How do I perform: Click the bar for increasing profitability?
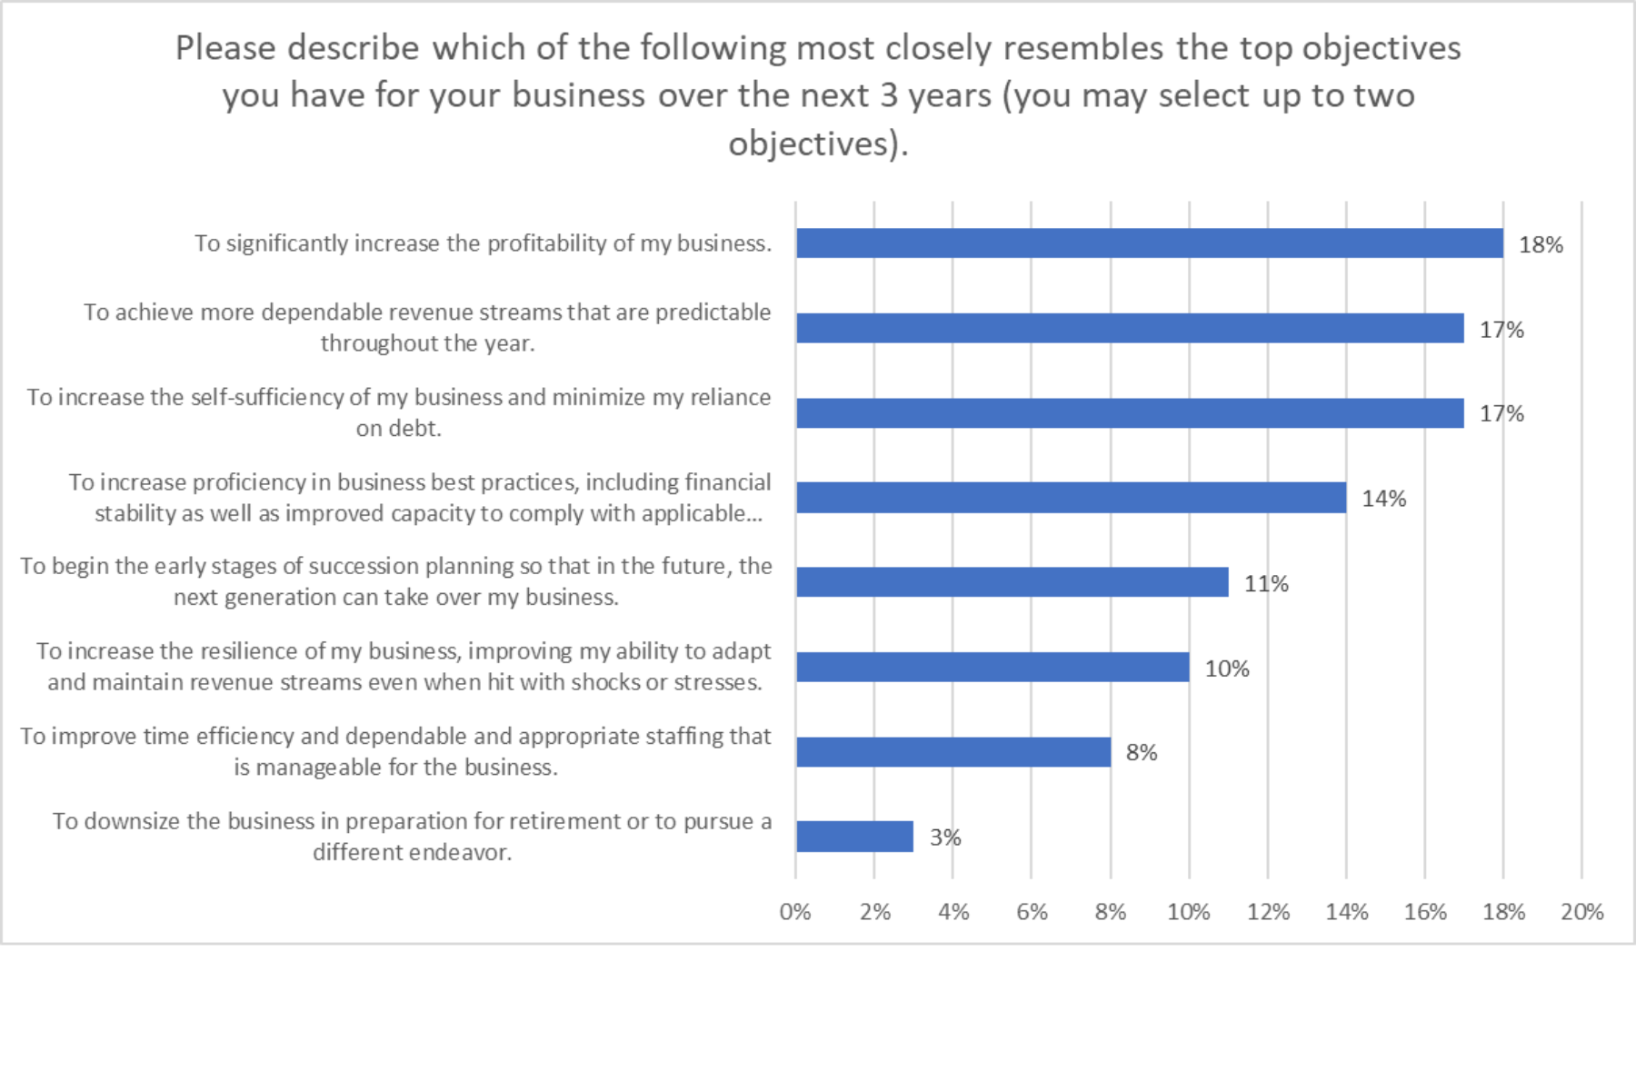coord(1150,243)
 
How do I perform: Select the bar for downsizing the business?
coord(854,837)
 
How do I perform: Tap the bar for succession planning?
coord(1012,582)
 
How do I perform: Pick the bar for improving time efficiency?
coord(953,752)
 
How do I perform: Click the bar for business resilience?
coord(993,668)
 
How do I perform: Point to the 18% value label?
coord(1541,245)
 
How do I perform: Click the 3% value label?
coord(945,837)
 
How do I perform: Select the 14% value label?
coord(1383,499)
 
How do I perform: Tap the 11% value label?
coord(1266,584)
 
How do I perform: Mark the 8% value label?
coord(1142,753)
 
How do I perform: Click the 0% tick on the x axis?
coord(795,912)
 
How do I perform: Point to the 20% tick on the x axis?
coord(1582,912)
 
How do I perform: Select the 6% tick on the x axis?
coord(1032,912)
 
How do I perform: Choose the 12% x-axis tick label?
coord(1268,912)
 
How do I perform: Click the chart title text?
coord(818,95)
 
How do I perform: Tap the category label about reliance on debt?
coord(398,412)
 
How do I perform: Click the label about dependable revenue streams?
coord(427,327)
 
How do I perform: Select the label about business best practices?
coord(420,498)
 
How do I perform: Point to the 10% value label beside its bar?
coord(1227,669)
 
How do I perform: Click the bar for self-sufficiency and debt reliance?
coord(1130,413)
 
